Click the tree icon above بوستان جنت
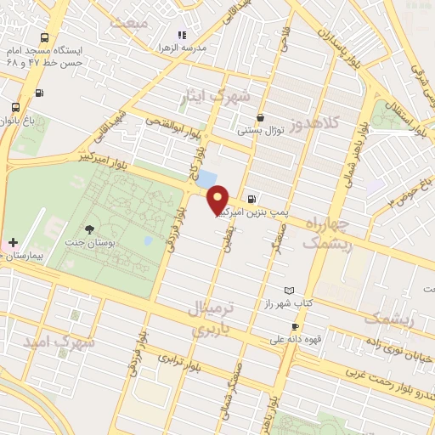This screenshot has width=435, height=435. (x=91, y=229)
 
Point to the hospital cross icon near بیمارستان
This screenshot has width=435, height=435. (x=14, y=242)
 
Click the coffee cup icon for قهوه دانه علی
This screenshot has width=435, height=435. (x=295, y=326)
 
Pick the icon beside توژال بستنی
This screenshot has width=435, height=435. (x=260, y=118)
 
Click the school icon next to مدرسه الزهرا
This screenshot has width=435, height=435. (x=181, y=35)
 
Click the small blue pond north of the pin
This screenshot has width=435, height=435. (x=206, y=178)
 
